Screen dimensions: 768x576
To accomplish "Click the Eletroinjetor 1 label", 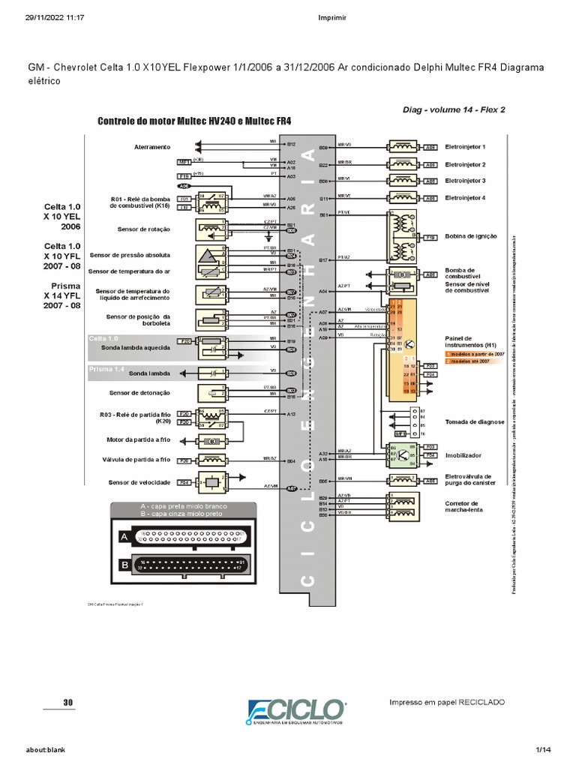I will click(465, 147).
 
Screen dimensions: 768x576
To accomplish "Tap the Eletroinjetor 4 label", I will click(465, 197).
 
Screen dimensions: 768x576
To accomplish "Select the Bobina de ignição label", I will click(471, 235).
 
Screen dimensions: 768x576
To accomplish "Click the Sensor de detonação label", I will click(139, 392).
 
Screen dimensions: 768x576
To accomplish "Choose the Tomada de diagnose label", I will click(475, 422).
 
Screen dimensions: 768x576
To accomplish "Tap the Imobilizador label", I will click(463, 455).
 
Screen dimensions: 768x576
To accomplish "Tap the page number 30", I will click(68, 702).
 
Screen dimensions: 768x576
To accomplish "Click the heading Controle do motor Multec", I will click(194, 120).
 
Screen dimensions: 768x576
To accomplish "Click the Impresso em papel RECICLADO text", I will click(447, 702).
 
